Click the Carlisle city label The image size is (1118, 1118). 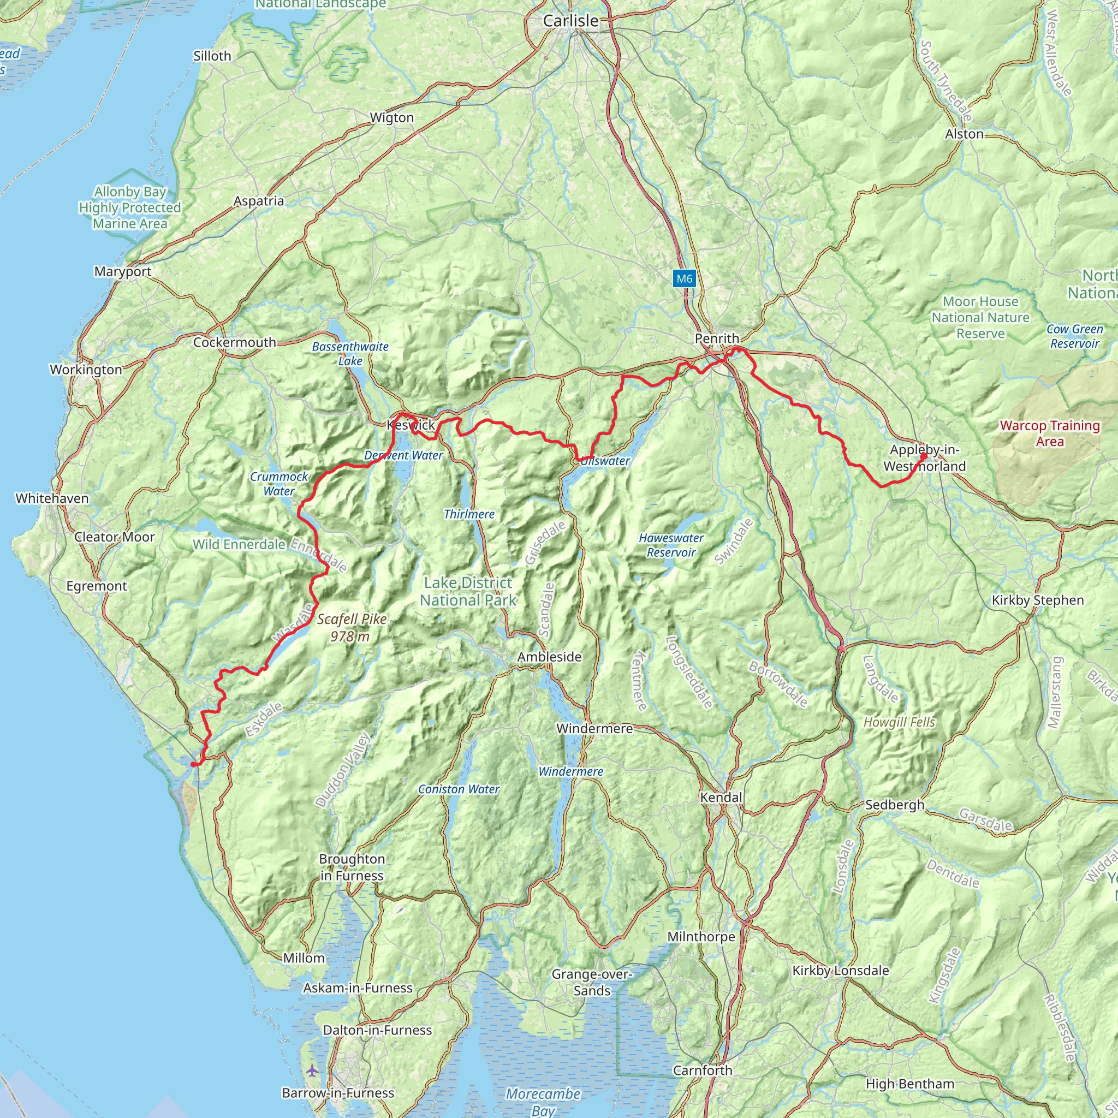[570, 21]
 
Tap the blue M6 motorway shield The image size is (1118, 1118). [684, 279]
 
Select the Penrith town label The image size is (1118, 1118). [717, 338]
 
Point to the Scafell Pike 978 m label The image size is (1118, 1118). [351, 628]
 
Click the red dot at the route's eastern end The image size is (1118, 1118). [924, 456]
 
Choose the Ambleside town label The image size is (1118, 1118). [549, 657]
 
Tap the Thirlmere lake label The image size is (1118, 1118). [469, 514]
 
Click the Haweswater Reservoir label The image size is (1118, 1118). [671, 545]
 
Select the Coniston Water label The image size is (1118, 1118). [459, 789]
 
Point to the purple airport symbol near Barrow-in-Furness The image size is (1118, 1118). [312, 1071]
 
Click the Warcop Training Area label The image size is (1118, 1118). [1050, 433]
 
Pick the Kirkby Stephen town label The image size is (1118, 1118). [1038, 600]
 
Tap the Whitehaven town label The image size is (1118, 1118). [52, 498]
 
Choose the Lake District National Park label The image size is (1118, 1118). [468, 591]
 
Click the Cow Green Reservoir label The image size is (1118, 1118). [1074, 336]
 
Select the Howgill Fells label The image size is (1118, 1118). [899, 722]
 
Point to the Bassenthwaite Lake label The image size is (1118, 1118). [350, 354]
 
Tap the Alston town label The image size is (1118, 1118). [964, 134]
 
